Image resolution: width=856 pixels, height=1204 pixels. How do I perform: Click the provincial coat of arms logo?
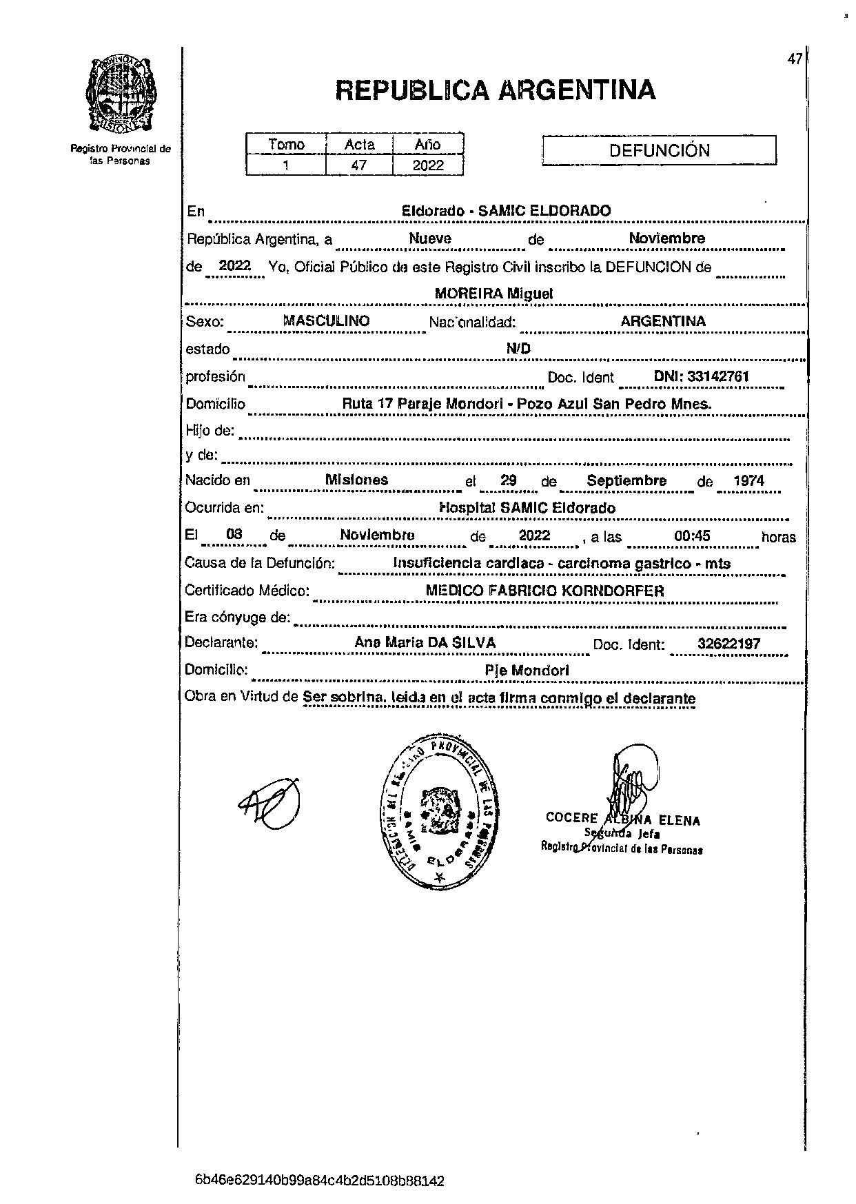point(121,95)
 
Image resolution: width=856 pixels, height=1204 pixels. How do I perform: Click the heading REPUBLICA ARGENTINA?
point(495,90)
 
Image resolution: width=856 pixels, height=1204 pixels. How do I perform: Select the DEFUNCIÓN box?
point(659,151)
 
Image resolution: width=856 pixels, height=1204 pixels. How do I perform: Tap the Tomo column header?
point(286,144)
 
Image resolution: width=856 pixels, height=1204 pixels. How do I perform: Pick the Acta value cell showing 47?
point(359,165)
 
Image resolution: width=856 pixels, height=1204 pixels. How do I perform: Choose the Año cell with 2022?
point(428,165)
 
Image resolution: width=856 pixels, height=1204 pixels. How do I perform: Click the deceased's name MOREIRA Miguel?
point(493,294)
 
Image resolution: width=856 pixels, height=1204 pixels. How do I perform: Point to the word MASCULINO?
point(327,321)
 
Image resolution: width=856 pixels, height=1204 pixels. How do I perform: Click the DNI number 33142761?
point(701,377)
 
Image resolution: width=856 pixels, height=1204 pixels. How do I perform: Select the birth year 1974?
point(748,481)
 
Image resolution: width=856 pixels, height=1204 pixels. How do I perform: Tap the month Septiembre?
point(626,481)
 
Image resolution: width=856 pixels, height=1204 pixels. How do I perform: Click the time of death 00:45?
point(692,535)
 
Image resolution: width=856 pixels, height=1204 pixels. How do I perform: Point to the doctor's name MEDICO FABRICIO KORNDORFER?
point(544,591)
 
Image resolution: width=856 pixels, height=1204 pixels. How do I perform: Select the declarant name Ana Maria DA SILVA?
point(425,642)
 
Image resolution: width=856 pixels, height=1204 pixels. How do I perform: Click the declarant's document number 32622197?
point(728,644)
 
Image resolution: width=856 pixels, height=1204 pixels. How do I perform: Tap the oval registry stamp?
point(437,814)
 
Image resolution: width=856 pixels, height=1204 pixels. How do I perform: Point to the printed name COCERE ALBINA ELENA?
point(622,819)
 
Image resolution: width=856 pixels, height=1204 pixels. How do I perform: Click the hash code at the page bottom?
point(320,1181)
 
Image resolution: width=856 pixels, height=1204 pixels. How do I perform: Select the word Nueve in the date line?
point(430,238)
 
